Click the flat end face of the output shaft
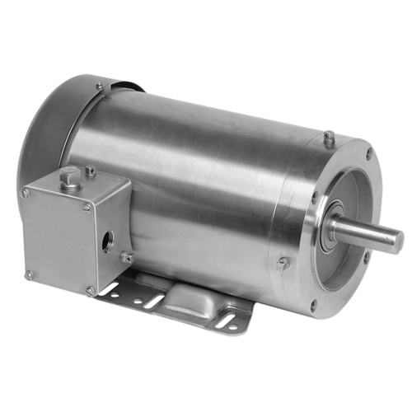(x=396, y=240)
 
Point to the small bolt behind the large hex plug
(x=90, y=171)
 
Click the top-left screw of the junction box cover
(x=27, y=193)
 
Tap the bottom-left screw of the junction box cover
(x=30, y=274)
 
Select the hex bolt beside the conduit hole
(x=127, y=257)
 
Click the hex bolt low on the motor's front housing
(x=283, y=263)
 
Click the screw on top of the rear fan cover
(x=99, y=85)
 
